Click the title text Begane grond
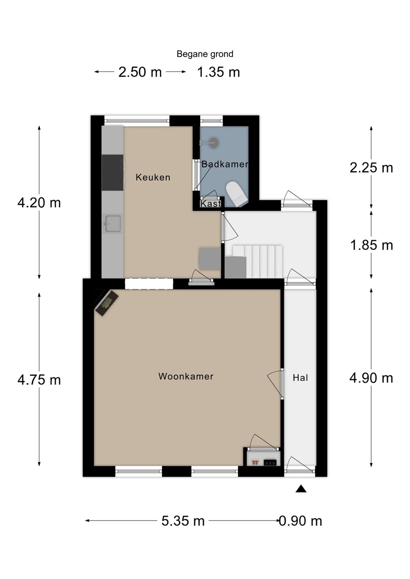tap(205, 54)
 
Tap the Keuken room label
tap(153, 177)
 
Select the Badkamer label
tap(225, 164)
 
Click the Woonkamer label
tap(186, 376)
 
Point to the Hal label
tap(300, 378)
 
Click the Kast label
tap(210, 204)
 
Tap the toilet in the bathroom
tap(237, 194)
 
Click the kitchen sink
tap(113, 224)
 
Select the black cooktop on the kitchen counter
tap(113, 172)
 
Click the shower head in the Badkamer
tap(213, 142)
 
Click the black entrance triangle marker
tap(301, 489)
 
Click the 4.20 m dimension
tap(39, 203)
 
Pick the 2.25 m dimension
tap(371, 168)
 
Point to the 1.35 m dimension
tap(218, 72)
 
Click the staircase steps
tap(258, 262)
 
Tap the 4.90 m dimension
tap(371, 378)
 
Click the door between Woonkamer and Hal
tap(282, 384)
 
